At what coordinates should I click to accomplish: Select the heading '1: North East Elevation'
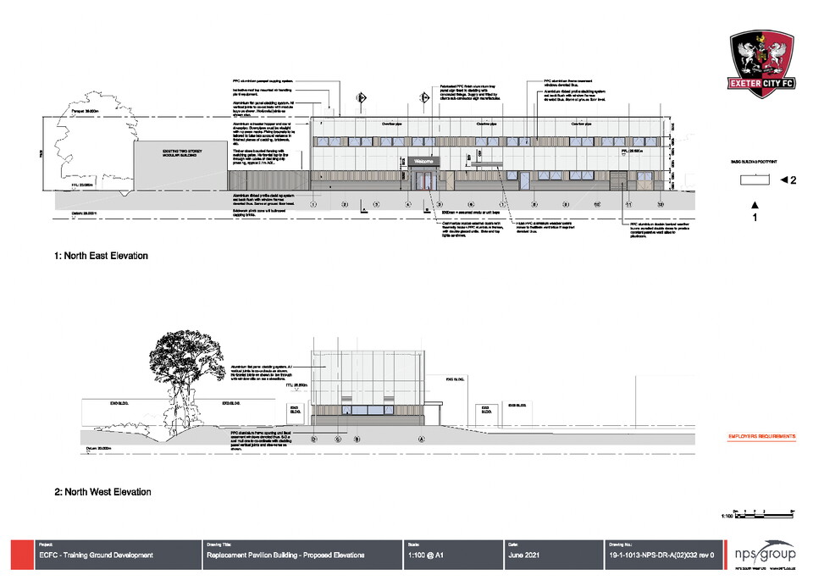[102, 256]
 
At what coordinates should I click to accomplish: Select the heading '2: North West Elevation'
[102, 492]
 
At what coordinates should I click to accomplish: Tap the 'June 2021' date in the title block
[522, 556]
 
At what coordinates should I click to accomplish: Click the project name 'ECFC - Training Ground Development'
[97, 556]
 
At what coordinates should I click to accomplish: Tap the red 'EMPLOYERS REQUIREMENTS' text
[761, 437]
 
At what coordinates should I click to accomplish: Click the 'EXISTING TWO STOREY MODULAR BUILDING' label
[180, 152]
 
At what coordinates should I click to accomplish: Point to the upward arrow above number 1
[754, 204]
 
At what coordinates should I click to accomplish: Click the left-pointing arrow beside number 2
[784, 180]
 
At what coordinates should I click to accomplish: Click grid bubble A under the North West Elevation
[421, 439]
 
